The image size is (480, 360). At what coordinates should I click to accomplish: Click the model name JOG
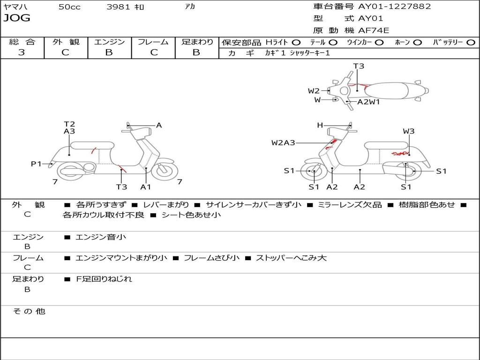(17, 18)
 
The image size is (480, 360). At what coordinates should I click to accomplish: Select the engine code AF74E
(374, 30)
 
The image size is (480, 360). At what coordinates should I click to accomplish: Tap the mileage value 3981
(119, 7)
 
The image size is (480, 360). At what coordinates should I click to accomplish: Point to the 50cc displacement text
(69, 7)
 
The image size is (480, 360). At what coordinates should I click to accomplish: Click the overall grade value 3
(22, 52)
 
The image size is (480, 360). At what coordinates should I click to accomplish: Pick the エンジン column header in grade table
(109, 42)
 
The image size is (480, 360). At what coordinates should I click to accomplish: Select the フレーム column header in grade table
(153, 42)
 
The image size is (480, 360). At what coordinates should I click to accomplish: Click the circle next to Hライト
(296, 42)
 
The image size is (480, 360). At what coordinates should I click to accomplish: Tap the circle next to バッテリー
(471, 42)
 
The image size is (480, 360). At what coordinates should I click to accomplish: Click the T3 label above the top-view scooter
(359, 66)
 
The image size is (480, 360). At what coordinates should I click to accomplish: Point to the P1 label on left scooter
(36, 164)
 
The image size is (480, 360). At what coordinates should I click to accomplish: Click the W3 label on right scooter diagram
(409, 131)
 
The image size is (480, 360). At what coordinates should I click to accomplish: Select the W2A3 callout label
(283, 142)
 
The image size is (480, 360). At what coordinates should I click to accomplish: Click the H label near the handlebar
(320, 125)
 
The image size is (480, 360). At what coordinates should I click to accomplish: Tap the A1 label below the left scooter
(146, 187)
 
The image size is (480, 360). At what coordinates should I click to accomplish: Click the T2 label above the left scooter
(69, 124)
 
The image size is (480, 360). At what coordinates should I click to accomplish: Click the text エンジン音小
(101, 237)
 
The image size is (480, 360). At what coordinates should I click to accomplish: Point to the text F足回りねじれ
(104, 279)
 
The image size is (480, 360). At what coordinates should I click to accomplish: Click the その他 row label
(29, 311)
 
